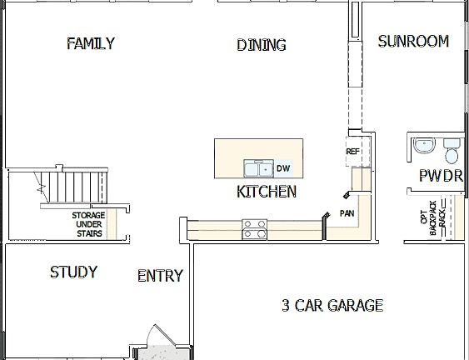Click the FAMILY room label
point(90,43)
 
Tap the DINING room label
point(261,45)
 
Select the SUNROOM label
point(413,41)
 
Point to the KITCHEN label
point(267,192)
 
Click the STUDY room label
point(73,272)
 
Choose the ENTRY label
point(160,276)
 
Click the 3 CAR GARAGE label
point(332,305)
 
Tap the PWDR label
point(440,176)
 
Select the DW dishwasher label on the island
point(283,168)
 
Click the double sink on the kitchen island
point(257,168)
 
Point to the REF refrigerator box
point(352,152)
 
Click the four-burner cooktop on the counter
point(254,227)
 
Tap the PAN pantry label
point(347,213)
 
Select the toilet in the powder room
point(452,152)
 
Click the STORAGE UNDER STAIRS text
point(87,224)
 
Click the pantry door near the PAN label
point(345,196)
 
